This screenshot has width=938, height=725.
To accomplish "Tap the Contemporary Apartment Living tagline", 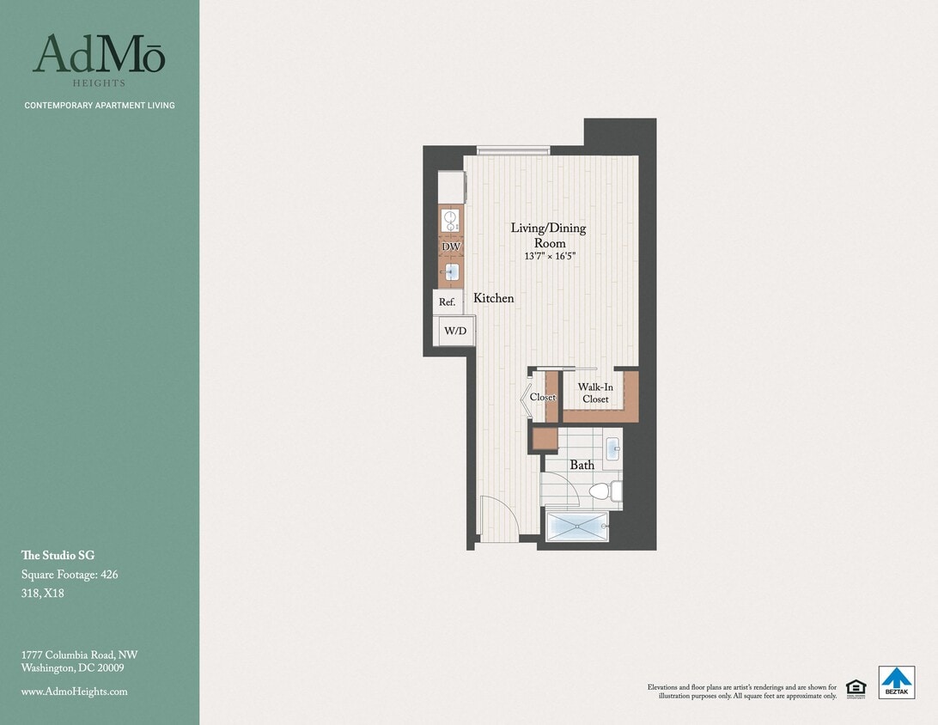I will tap(100, 106).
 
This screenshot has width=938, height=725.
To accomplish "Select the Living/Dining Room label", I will tap(548, 235).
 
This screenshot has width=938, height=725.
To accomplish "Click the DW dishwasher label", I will tap(451, 247).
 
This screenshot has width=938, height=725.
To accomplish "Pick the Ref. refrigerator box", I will tap(447, 302).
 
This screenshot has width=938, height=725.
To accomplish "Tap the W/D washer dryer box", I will tap(454, 331).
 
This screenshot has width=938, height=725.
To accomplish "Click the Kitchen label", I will tap(494, 298).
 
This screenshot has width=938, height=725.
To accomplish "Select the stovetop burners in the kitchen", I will tap(451, 220).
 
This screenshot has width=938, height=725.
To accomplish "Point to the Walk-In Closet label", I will tap(595, 393).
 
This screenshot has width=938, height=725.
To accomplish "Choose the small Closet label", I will tap(543, 398).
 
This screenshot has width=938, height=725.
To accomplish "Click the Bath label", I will tap(582, 465).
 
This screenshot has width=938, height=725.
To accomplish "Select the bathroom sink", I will tap(612, 448).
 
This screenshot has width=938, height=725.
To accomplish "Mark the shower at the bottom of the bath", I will tap(577, 527).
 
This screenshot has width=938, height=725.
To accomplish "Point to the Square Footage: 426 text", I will tap(70, 575).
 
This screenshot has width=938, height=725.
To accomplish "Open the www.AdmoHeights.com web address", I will tap(74, 691).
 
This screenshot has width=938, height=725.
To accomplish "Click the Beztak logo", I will tap(896, 682).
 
